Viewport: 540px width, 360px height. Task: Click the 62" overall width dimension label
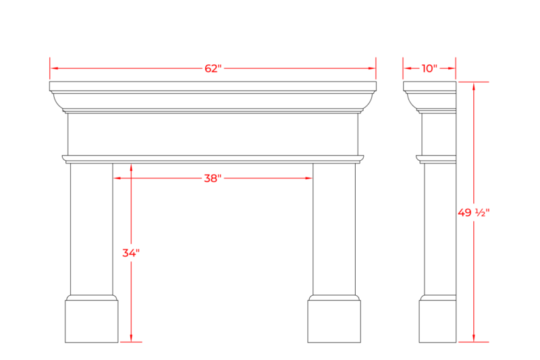(213, 68)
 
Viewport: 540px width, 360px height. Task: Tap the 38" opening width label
(213, 178)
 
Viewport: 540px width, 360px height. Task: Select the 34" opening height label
(131, 253)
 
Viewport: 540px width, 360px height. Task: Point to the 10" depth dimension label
(429, 68)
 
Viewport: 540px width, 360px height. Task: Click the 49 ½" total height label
(474, 213)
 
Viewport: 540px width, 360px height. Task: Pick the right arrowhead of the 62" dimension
(371, 68)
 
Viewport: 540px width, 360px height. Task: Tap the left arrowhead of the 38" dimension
(117, 178)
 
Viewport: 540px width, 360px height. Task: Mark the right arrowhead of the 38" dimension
(308, 178)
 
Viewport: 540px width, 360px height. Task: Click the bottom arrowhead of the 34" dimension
(131, 338)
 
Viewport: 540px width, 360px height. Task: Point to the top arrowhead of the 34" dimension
(131, 168)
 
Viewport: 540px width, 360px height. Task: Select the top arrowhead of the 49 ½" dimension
(474, 86)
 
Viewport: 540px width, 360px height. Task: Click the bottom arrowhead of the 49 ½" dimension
(474, 338)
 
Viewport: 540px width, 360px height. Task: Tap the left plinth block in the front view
(92, 321)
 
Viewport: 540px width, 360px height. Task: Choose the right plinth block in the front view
(334, 321)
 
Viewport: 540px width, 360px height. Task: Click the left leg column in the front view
(92, 229)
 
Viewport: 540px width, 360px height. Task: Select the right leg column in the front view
(334, 229)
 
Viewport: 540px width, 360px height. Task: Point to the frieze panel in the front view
(213, 134)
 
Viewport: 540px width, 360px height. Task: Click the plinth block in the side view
(437, 321)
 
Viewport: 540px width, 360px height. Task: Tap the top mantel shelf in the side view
(429, 86)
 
